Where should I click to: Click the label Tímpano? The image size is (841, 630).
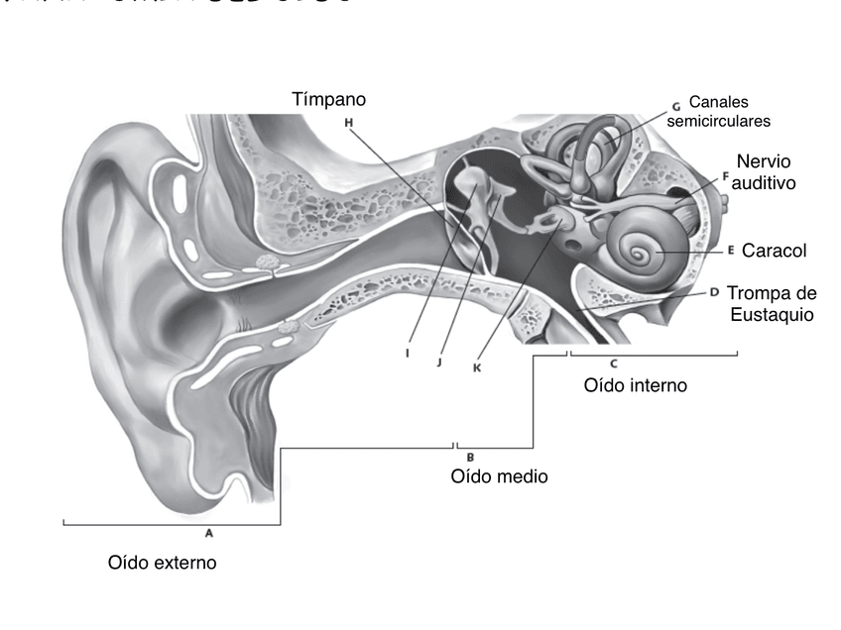click(329, 100)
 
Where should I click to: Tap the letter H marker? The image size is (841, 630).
click(348, 123)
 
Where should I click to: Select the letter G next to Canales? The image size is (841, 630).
click(675, 105)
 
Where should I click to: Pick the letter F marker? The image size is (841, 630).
click(725, 176)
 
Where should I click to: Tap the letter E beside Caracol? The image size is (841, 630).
click(730, 251)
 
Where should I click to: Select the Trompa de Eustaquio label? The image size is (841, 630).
click(771, 303)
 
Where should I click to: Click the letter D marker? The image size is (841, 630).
click(714, 292)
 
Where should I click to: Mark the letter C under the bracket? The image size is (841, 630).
click(614, 364)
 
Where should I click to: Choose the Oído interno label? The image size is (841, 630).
click(635, 384)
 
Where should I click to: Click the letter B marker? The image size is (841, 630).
click(469, 457)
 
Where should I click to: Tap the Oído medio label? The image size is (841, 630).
click(499, 476)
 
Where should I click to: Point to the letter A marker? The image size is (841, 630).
click(209, 532)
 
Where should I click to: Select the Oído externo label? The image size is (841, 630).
click(162, 563)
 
